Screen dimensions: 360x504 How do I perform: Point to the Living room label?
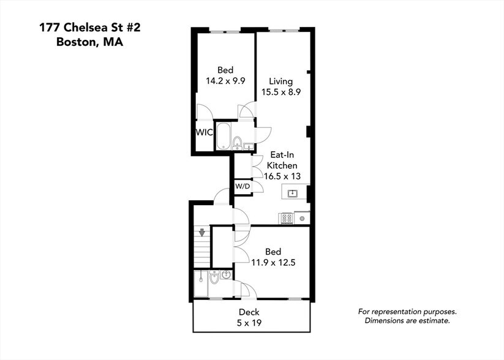pos(281,81)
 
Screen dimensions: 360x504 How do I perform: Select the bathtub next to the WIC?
pos(222,136)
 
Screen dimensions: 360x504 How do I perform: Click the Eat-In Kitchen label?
pos(282,160)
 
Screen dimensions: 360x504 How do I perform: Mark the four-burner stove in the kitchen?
pos(286,218)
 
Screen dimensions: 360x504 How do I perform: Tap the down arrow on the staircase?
pos(200,232)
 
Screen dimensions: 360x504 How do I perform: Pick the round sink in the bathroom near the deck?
pos(225,275)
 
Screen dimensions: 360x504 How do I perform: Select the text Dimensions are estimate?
pos(407,320)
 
